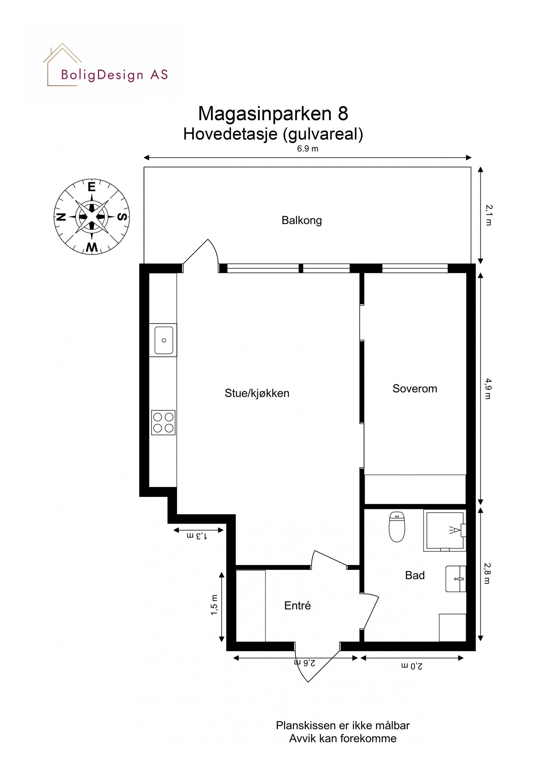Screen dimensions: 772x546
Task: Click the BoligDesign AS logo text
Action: click(x=114, y=75)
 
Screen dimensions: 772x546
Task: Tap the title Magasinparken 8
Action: click(x=273, y=114)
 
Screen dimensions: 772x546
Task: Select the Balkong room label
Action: click(x=301, y=220)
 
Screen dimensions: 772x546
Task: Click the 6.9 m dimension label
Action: click(x=307, y=149)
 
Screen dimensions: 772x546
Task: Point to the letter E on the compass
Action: click(x=91, y=187)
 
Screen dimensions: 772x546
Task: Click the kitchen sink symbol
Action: click(x=163, y=340)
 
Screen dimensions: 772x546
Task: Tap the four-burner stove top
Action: click(x=163, y=422)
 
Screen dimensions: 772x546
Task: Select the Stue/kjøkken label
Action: click(x=257, y=393)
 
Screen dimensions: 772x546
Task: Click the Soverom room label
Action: click(x=414, y=389)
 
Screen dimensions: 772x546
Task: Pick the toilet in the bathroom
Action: click(x=397, y=527)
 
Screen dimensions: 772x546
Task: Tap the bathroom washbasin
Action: click(x=456, y=579)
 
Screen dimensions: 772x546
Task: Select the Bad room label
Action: click(x=415, y=576)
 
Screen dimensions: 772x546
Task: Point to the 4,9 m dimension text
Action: click(x=487, y=389)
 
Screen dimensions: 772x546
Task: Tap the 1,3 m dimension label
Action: click(x=197, y=536)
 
